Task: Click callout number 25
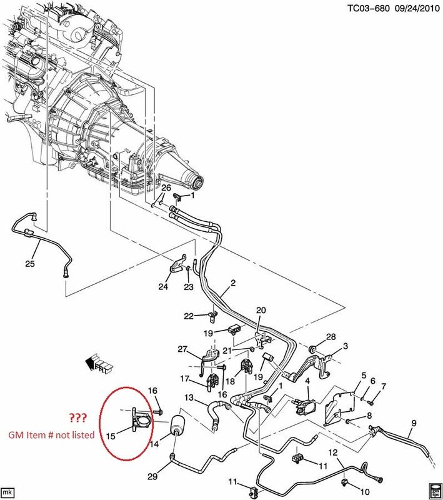tap(29, 263)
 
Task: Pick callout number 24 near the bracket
tap(163, 287)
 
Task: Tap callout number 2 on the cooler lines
tap(232, 283)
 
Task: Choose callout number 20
tap(261, 310)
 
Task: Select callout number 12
tap(333, 452)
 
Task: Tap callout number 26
tap(166, 188)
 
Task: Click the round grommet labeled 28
tap(312, 347)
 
